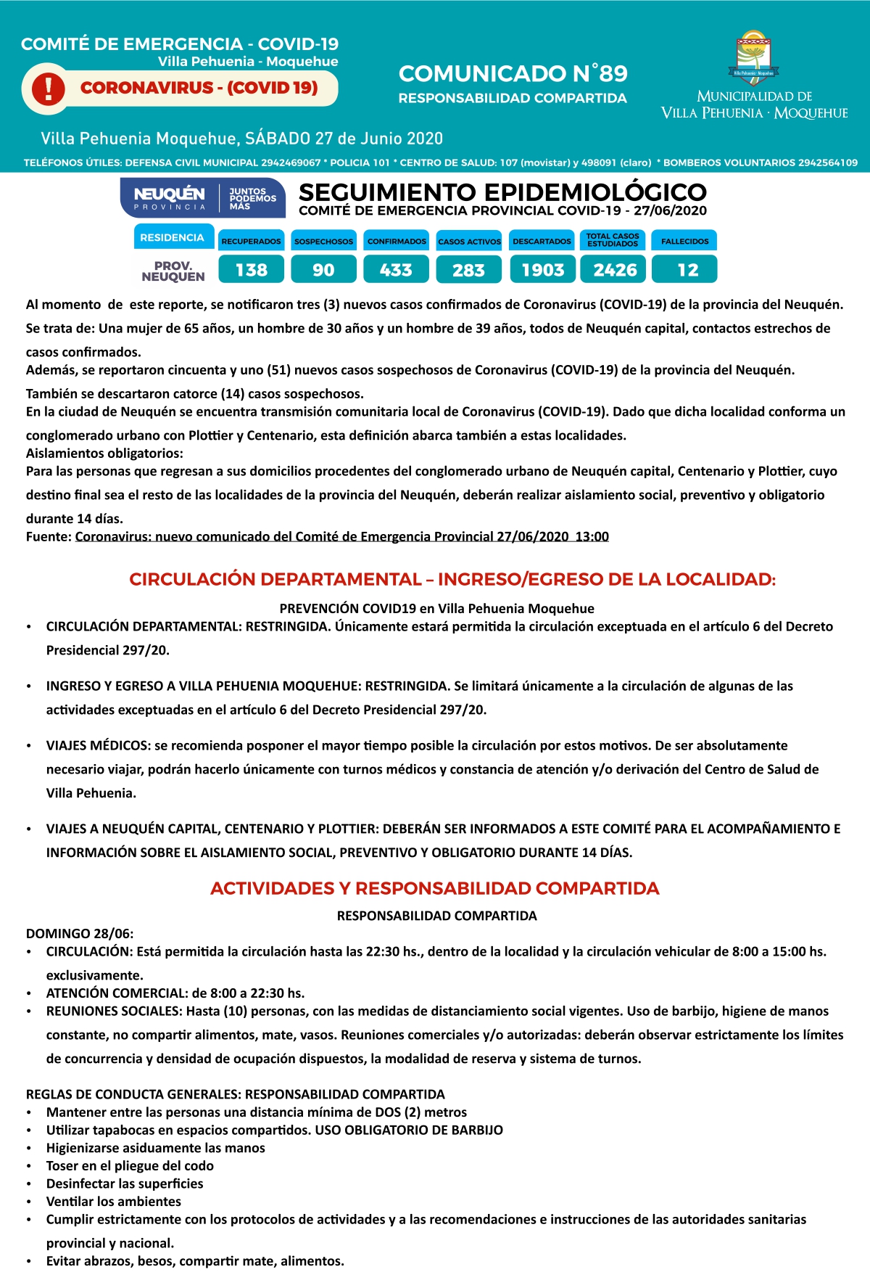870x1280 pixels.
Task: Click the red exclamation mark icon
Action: click(x=49, y=89)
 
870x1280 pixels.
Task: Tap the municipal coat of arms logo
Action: click(x=754, y=57)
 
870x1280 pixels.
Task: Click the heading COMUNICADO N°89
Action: click(x=513, y=74)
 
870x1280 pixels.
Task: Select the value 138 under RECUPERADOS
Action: click(x=252, y=270)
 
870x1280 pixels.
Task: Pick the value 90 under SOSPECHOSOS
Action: click(x=323, y=270)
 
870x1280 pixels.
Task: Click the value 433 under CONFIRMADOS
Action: click(x=396, y=270)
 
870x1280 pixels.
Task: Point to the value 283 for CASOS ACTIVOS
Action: click(x=468, y=270)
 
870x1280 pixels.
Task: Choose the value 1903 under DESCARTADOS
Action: click(x=542, y=270)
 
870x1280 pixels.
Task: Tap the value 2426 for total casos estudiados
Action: click(x=615, y=270)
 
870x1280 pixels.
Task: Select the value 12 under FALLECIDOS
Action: click(x=687, y=270)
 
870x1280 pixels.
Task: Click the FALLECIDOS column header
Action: click(x=685, y=241)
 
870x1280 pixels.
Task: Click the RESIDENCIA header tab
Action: click(x=173, y=237)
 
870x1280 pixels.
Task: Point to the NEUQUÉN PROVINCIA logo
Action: click(x=170, y=197)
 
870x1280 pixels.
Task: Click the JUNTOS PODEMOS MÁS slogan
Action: click(x=252, y=198)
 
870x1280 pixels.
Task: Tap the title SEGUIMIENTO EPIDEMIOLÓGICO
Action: click(x=502, y=192)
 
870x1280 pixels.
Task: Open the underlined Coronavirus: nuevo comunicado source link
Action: click(x=341, y=536)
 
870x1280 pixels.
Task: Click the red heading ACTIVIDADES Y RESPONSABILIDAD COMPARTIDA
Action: click(x=435, y=888)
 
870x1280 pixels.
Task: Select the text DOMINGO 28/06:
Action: click(x=80, y=934)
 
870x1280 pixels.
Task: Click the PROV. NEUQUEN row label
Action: click(x=173, y=271)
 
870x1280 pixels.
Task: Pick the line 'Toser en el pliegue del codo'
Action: click(x=130, y=1166)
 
